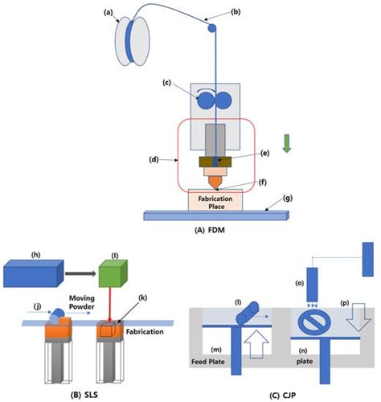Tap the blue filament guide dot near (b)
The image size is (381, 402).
point(213,27)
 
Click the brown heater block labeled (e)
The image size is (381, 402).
point(214,162)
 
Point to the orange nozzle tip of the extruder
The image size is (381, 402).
point(214,183)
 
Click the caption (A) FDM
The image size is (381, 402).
point(213,228)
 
